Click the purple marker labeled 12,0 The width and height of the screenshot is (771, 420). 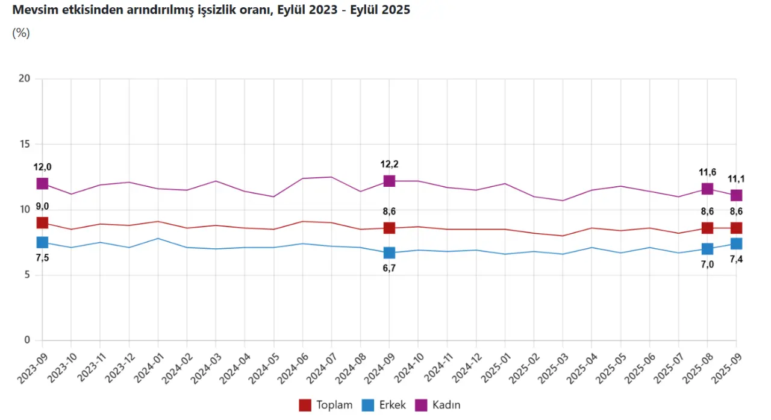(x=42, y=184)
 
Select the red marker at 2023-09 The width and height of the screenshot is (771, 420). (x=42, y=223)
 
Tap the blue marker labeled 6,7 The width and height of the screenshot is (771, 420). (x=389, y=252)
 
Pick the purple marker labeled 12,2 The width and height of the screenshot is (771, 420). (x=389, y=181)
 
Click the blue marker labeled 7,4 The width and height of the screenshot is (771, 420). (x=736, y=243)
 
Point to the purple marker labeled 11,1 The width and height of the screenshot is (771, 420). (x=736, y=195)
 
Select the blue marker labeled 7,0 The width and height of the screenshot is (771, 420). (x=707, y=249)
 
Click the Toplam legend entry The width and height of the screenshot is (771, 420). (x=326, y=405)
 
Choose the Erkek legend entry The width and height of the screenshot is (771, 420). (x=385, y=405)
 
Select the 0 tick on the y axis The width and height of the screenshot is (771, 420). (x=27, y=340)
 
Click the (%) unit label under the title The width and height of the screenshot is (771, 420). (x=20, y=33)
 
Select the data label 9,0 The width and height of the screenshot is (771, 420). (x=42, y=207)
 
